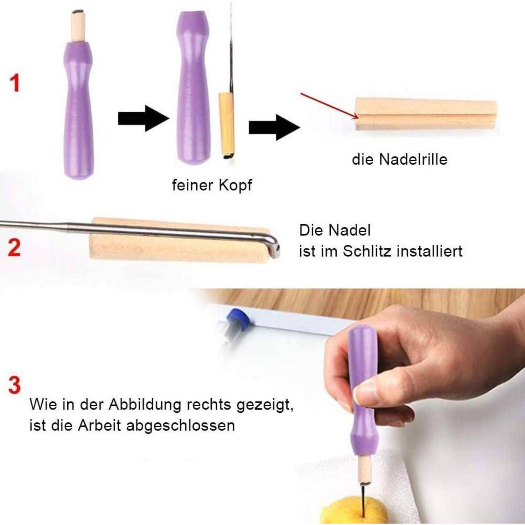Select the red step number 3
(14, 385)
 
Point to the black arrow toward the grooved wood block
(274, 127)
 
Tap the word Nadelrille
(413, 159)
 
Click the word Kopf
(236, 185)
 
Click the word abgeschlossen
(181, 426)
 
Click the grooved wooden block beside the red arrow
(426, 114)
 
